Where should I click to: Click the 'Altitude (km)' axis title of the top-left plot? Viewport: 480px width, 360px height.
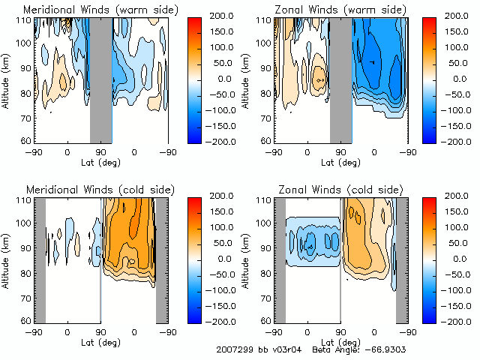(7, 78)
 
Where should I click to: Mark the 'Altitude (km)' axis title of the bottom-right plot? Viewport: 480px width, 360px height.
(247, 259)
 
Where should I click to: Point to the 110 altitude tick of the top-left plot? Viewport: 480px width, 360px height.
(25, 19)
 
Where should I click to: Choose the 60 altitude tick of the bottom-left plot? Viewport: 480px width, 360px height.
(28, 320)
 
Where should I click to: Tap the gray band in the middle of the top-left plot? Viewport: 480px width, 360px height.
(101, 79)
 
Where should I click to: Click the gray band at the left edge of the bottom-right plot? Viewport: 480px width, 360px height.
(280, 259)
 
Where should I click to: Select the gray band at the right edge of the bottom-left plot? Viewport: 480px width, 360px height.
(161, 259)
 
